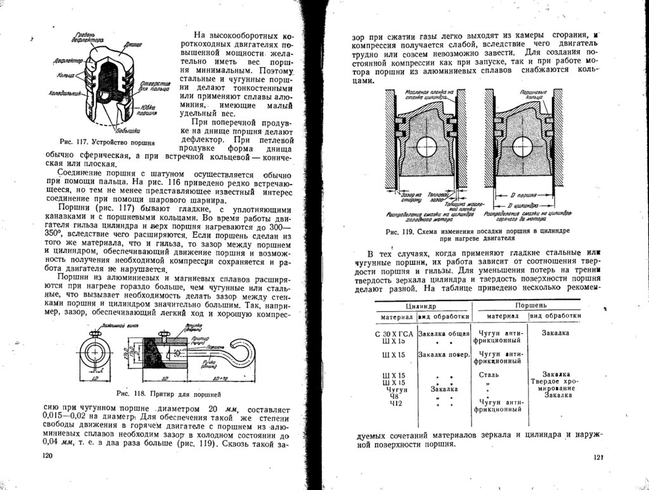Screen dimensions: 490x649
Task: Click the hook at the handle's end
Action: tap(240, 352)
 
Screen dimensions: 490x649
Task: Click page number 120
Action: tap(46, 455)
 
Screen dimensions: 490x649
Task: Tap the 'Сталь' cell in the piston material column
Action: tap(489, 375)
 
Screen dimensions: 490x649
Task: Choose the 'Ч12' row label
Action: tap(396, 403)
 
